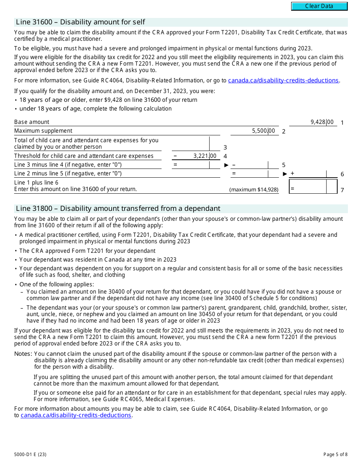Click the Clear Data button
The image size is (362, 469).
(319, 6)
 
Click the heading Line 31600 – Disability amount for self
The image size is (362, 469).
(80, 22)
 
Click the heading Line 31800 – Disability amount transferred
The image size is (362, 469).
(118, 209)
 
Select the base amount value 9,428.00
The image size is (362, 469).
(322, 122)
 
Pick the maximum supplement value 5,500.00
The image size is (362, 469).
(263, 131)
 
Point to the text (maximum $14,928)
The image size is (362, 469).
(254, 190)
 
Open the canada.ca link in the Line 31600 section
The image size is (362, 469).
(283, 80)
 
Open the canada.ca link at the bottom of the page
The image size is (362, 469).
(76, 415)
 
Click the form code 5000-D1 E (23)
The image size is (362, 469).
(30, 454)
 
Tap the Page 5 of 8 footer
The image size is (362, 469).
(335, 454)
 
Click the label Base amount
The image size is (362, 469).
(32, 122)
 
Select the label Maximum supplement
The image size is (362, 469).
(43, 131)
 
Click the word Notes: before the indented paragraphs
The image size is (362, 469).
(23, 354)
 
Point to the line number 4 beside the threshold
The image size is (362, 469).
(225, 156)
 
